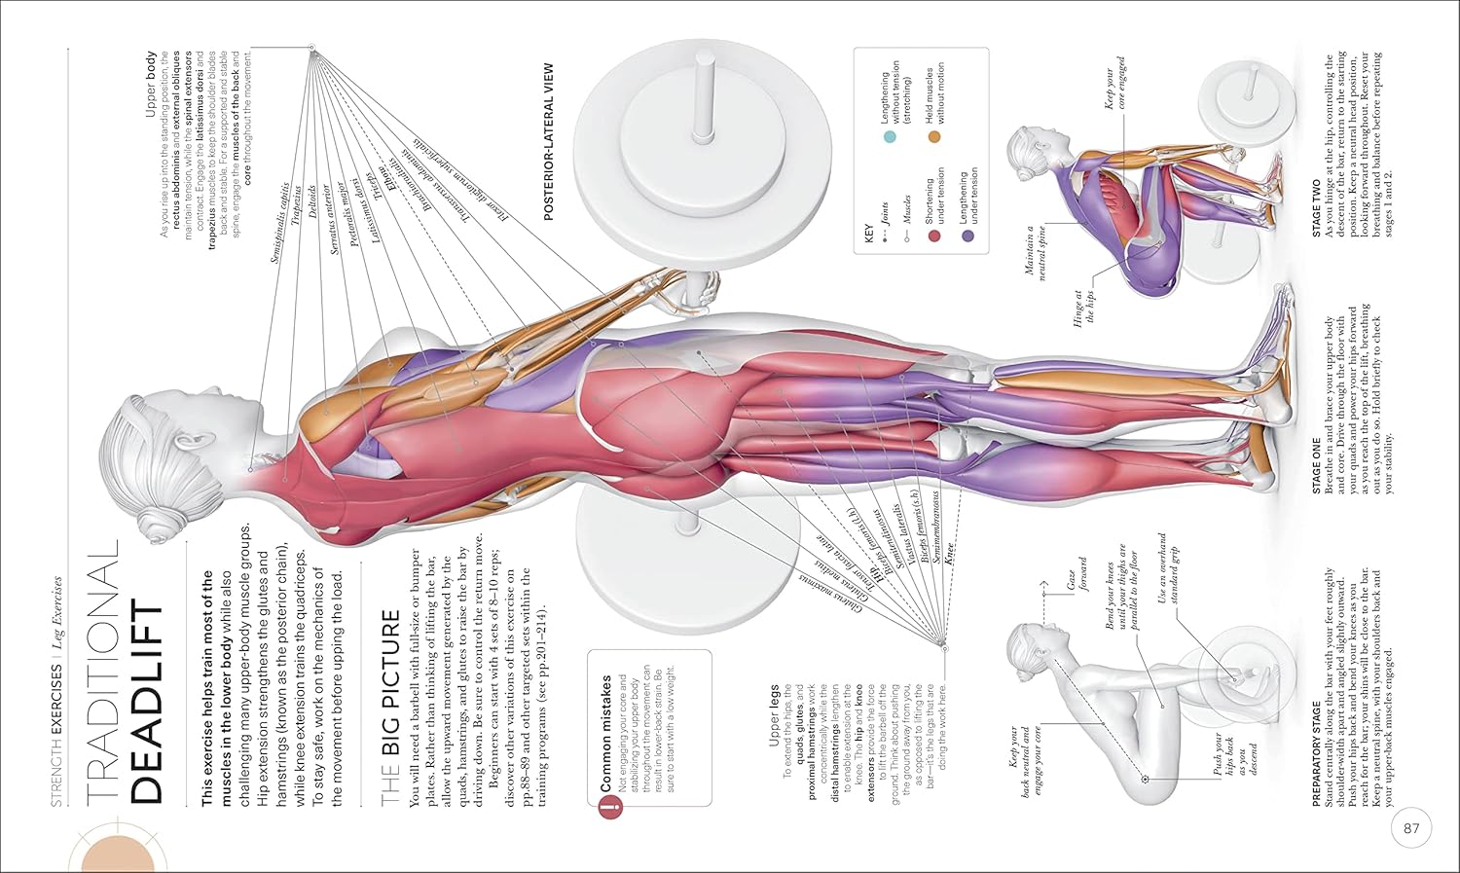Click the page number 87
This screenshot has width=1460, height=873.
coord(1412,830)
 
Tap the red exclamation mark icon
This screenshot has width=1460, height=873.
coord(609,808)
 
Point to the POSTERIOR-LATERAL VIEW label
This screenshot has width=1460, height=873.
coord(549,142)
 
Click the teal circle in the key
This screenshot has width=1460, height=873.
coord(889,137)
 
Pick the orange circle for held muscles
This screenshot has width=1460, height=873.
coord(934,136)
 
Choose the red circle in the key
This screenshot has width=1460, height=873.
coord(934,235)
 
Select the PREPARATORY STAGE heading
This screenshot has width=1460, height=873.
coord(1317,752)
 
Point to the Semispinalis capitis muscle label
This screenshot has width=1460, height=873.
coord(280,222)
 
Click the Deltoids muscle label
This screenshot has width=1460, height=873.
coord(311,201)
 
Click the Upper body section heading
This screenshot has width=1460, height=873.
coord(151,85)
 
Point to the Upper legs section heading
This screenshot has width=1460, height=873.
coord(775,714)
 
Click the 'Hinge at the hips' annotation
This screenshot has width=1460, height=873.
coord(1083,308)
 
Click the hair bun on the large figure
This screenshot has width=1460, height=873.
coord(161,522)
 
